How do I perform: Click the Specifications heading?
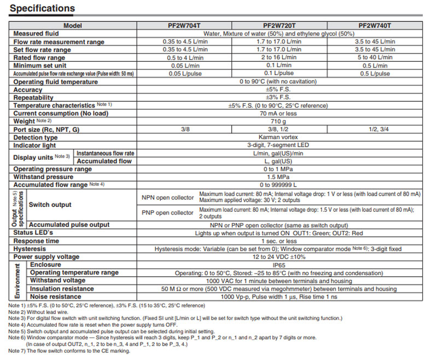[x=43, y=8]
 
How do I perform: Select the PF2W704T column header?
[x=184, y=26]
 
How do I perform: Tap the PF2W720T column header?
[x=279, y=26]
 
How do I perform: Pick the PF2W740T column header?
[x=375, y=26]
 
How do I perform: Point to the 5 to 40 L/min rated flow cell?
[x=375, y=57]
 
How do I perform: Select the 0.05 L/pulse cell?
[x=184, y=73]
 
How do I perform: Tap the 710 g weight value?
[x=279, y=121]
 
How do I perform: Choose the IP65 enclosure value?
[x=279, y=264]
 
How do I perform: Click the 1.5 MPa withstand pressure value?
[x=279, y=177]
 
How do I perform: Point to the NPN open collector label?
[x=167, y=198]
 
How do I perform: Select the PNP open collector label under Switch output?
[x=167, y=212]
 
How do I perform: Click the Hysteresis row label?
[x=30, y=248]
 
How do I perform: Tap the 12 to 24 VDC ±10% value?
[x=279, y=256]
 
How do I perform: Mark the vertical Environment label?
[x=17, y=280]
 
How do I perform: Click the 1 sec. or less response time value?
[x=279, y=240]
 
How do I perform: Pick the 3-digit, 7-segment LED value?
[x=279, y=145]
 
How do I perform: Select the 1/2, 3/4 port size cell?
[x=375, y=129]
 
